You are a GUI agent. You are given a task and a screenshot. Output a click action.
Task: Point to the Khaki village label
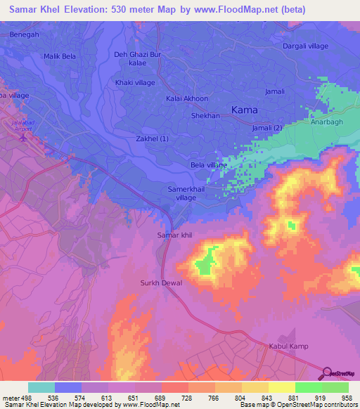(134, 82)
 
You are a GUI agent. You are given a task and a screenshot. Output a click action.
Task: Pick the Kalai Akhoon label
(187, 99)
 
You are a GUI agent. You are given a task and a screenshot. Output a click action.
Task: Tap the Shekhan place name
(205, 115)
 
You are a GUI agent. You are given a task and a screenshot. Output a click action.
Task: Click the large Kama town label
(244, 110)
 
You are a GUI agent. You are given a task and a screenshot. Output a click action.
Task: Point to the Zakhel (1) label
(153, 139)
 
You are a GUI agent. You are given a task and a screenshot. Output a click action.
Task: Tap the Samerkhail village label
(186, 193)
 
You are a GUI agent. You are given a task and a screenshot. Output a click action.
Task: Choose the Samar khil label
(174, 235)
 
